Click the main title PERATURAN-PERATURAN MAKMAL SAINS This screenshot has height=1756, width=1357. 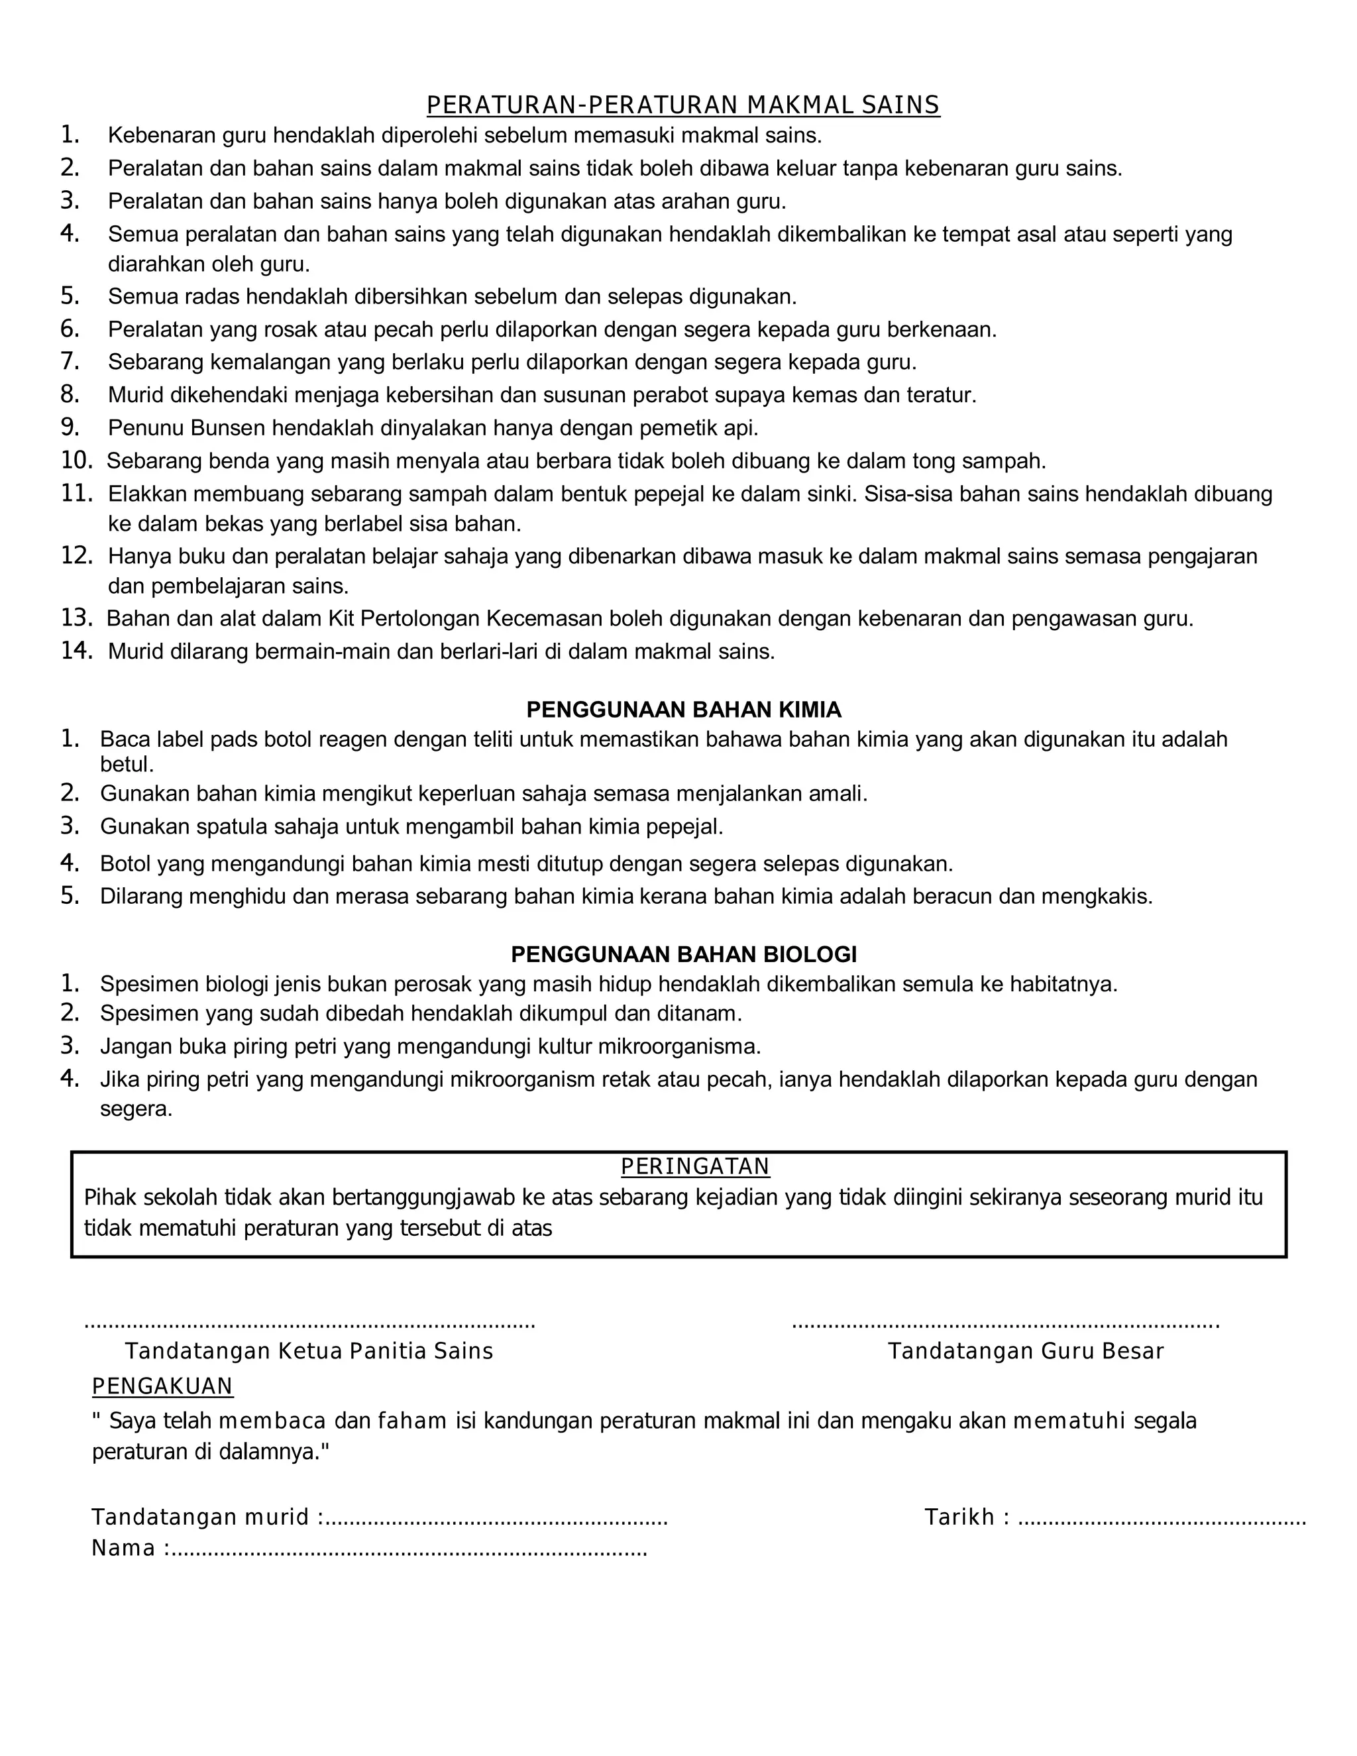[x=682, y=105]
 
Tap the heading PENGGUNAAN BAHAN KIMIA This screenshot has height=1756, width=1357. [x=683, y=709]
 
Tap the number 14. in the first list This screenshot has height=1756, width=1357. [x=77, y=651]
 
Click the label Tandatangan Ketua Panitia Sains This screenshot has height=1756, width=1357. [x=309, y=1350]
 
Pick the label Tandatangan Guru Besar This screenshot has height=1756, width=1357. [x=1025, y=1350]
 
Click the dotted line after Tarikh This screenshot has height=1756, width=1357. [x=1162, y=1519]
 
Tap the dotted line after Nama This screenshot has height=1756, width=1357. [x=410, y=1549]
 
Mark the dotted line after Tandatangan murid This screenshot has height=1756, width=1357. [x=497, y=1519]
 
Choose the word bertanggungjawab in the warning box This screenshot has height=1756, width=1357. [x=423, y=1197]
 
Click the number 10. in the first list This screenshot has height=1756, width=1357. [x=77, y=460]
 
